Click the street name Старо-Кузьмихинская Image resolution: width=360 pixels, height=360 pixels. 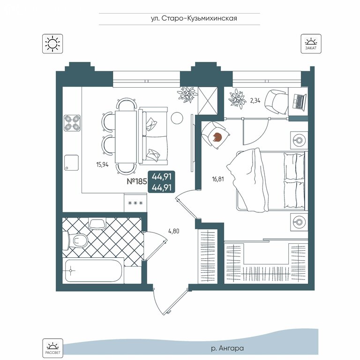[x=199, y=18]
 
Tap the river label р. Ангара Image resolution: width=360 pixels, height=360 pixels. [x=227, y=348]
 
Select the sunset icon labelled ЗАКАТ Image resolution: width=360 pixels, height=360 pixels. [x=311, y=44]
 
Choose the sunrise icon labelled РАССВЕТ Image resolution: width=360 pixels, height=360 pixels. [x=52, y=348]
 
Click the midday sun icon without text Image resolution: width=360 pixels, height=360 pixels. [x=52, y=44]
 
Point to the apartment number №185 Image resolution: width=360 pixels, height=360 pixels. [x=137, y=181]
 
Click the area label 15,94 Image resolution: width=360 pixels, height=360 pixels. [x=102, y=165]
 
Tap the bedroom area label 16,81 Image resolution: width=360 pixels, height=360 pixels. [x=218, y=179]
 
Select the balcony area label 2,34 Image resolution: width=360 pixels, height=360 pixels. [x=255, y=101]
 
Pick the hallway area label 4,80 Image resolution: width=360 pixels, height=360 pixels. [x=174, y=231]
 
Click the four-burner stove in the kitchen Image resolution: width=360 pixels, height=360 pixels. [x=72, y=123]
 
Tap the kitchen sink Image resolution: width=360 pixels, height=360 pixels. [x=71, y=163]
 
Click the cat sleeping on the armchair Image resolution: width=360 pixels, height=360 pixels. [x=217, y=137]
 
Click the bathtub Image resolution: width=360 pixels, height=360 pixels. [x=93, y=270]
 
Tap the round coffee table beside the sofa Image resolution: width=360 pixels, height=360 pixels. [x=177, y=118]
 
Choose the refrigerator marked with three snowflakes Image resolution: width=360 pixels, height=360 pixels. [x=135, y=202]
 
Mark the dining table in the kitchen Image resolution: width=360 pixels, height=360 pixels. [x=126, y=137]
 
